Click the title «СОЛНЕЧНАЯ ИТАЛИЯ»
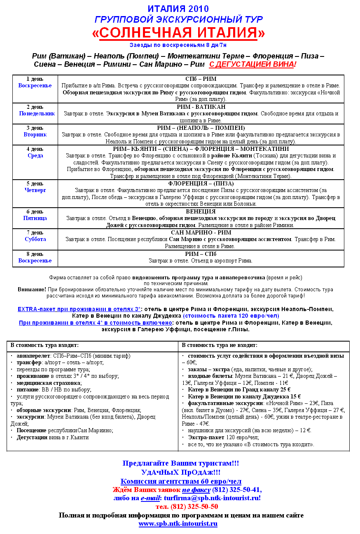point(178,33)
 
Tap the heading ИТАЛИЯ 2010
point(178,9)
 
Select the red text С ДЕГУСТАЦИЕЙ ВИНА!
point(253,64)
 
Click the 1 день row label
point(35,79)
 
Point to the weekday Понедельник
point(37,113)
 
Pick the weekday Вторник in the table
point(35,135)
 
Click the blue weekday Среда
point(35,156)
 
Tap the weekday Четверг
point(35,190)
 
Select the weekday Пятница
point(35,218)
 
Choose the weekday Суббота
point(35,239)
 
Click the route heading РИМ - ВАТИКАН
point(201,107)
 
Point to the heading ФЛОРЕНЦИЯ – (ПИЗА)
point(201,183)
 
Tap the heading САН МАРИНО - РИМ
point(201,232)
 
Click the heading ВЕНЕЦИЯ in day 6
point(201,211)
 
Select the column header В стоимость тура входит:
point(44,345)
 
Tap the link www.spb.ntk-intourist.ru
point(178,524)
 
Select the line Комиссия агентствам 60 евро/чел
point(181,481)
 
